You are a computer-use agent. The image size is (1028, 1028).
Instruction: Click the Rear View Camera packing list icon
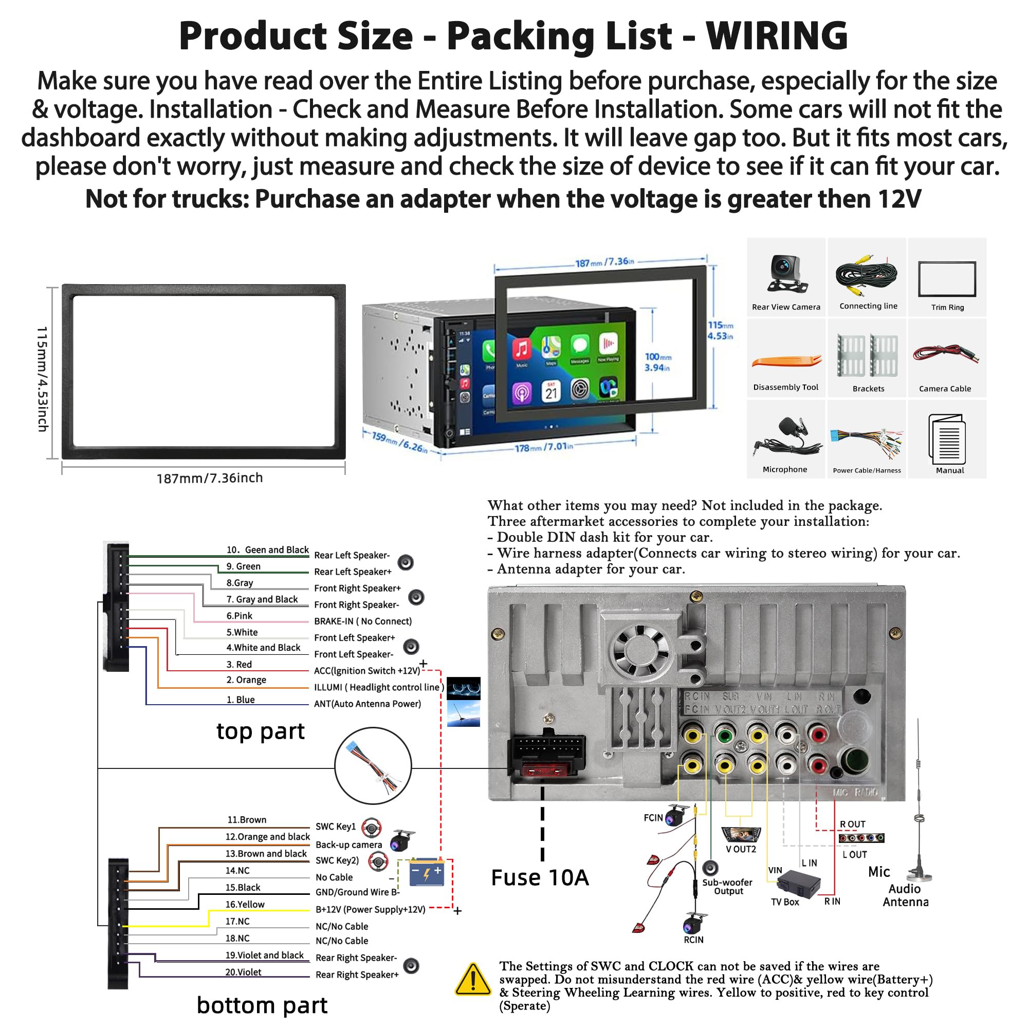[x=786, y=274]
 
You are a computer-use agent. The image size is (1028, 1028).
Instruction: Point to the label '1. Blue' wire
[x=241, y=700]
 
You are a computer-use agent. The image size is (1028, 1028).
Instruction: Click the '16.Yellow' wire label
[x=245, y=904]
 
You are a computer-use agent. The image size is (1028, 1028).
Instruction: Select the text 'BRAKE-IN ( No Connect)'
[x=362, y=621]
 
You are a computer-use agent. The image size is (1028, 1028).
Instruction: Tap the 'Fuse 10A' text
[x=540, y=877]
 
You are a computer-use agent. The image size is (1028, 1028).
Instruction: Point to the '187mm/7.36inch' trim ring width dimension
[x=209, y=478]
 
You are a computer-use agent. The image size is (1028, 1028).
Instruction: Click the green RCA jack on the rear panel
[x=724, y=737]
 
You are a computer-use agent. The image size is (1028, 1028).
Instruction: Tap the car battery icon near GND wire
[x=427, y=873]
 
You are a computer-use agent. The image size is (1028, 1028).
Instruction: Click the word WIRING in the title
[x=776, y=36]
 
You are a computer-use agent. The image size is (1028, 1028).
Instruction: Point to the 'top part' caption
[x=260, y=731]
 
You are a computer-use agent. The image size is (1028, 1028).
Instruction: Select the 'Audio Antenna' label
[x=905, y=895]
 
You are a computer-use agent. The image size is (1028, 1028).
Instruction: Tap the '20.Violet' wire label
[x=243, y=972]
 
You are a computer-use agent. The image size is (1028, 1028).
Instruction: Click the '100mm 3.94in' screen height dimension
[x=658, y=362]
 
